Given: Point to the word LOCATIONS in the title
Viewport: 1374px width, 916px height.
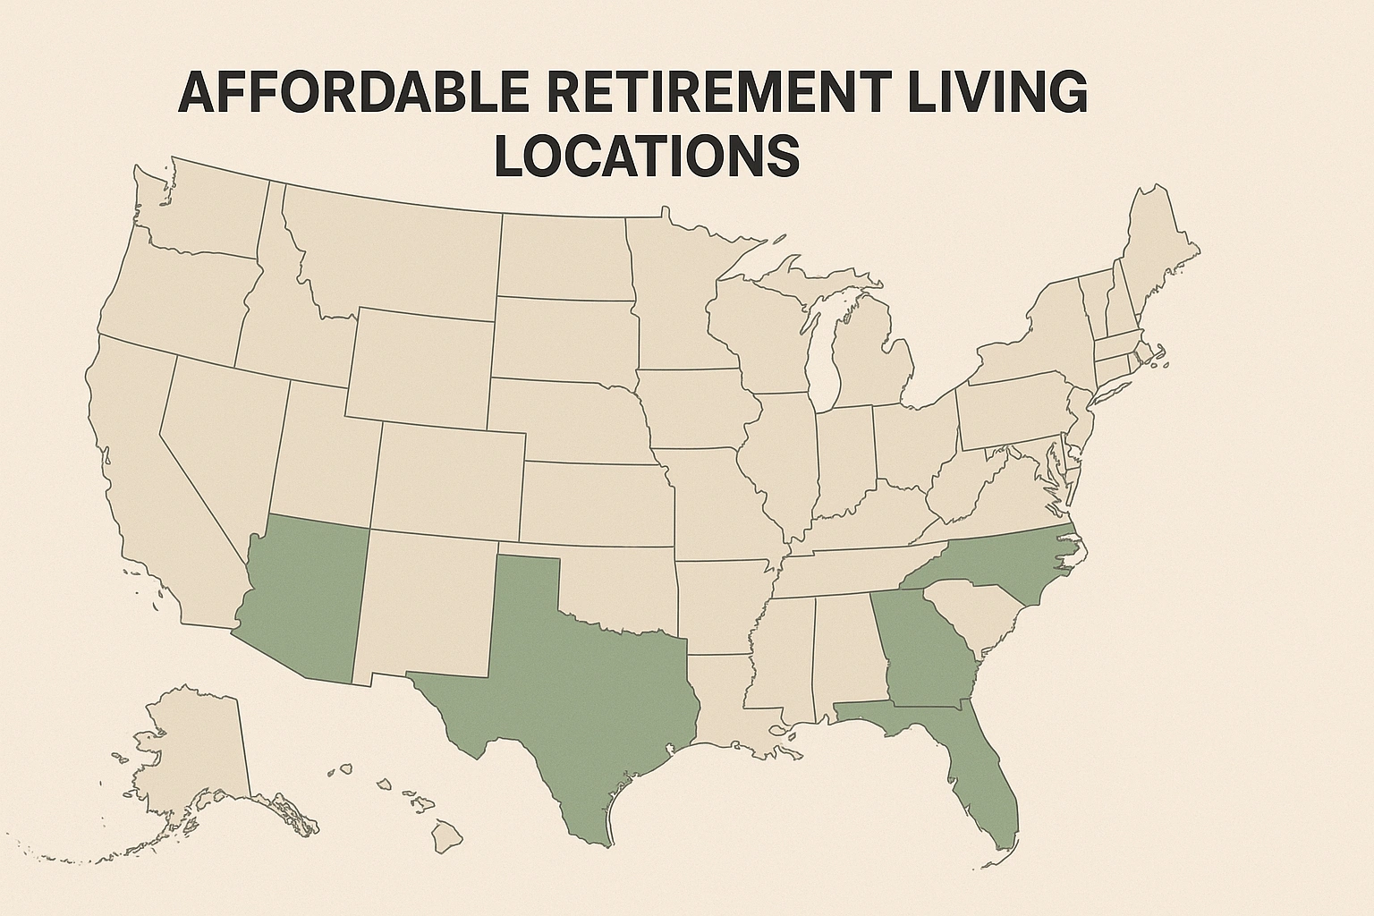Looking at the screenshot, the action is click(x=646, y=155).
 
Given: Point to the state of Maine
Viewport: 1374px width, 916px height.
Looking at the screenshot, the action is click(x=1158, y=242).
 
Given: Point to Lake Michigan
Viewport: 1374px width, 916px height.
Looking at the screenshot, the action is click(x=826, y=358).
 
